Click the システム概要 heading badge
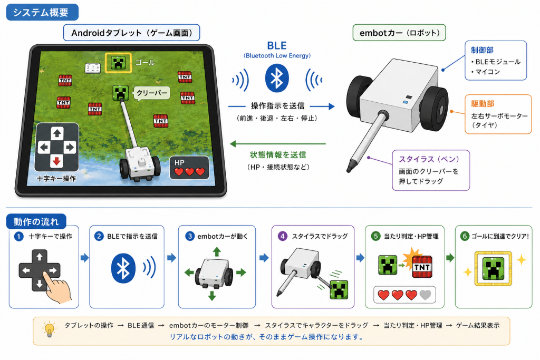click(x=42, y=13)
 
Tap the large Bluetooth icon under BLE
click(x=277, y=79)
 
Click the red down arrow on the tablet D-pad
click(x=57, y=160)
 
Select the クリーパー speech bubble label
click(x=152, y=93)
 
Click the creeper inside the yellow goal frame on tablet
click(x=118, y=63)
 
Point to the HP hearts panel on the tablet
click(x=189, y=168)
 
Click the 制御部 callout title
click(x=482, y=50)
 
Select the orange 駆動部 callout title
click(x=483, y=104)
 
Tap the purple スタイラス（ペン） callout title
click(x=429, y=159)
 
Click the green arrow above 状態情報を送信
click(x=277, y=144)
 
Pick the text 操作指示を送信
click(x=277, y=106)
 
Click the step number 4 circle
click(x=283, y=236)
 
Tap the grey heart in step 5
click(x=426, y=295)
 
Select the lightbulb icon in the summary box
click(x=49, y=329)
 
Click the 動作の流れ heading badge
click(x=36, y=222)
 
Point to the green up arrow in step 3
click(x=217, y=251)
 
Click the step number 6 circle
click(x=465, y=236)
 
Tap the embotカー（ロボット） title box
click(x=400, y=33)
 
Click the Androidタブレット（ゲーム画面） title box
click(x=131, y=33)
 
